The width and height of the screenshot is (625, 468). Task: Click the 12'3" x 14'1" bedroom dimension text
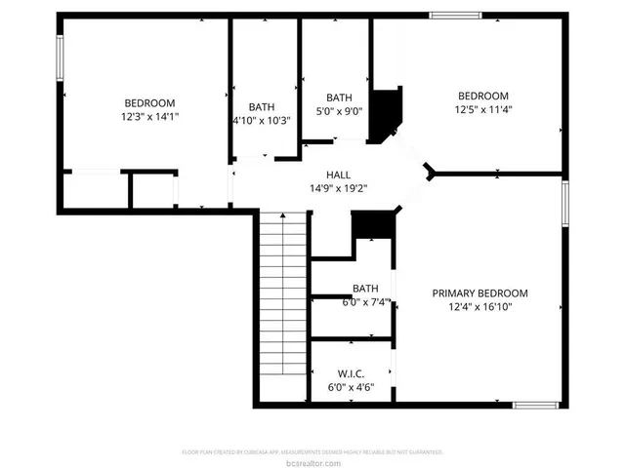coord(149,116)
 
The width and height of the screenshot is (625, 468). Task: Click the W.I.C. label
coord(351,373)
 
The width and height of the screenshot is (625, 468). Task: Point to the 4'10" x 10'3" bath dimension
coord(261,120)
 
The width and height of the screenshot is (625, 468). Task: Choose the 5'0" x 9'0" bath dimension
coord(338,111)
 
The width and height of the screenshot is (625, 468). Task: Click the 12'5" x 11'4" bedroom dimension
coord(483,109)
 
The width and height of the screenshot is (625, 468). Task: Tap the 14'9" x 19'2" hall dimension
coord(338,188)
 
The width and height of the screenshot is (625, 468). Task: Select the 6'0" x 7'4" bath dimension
coord(365,302)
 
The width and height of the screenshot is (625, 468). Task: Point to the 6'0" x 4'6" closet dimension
coord(351,387)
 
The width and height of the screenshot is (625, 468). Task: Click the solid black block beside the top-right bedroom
coord(389,109)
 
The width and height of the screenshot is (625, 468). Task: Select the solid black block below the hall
coord(372,224)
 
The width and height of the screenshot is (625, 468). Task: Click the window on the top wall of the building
coord(456,15)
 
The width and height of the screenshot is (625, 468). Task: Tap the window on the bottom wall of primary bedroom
coord(534,405)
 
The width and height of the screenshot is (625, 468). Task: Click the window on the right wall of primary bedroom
coord(565,205)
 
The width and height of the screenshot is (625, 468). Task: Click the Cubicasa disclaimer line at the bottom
coord(312,451)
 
